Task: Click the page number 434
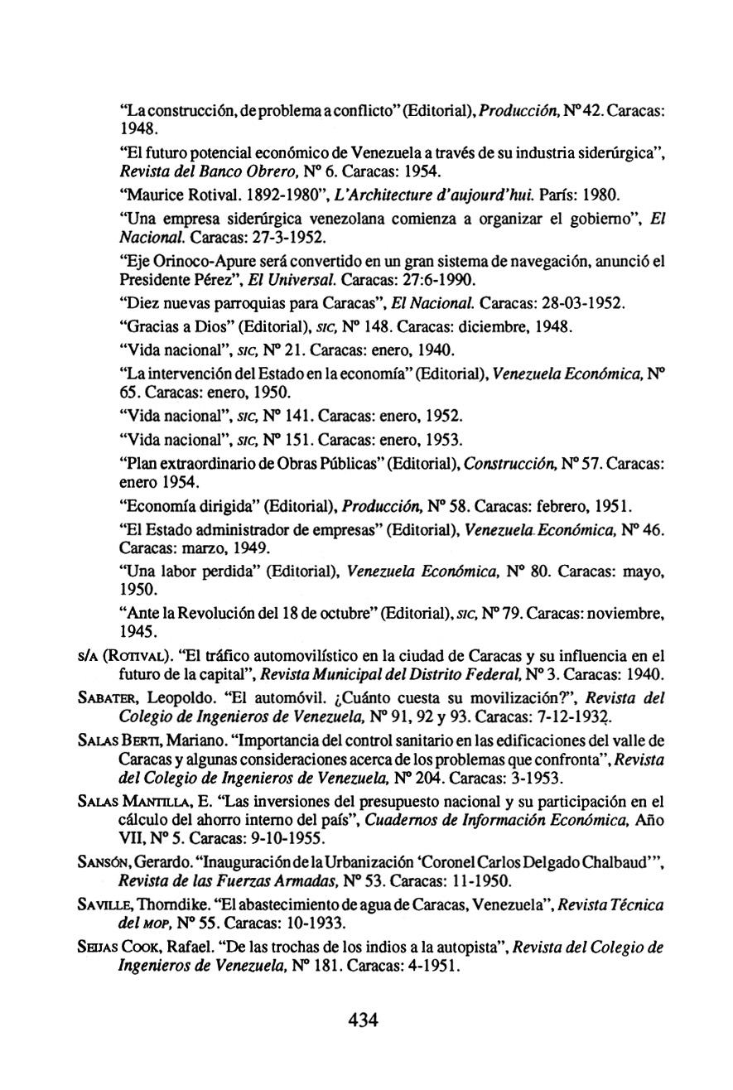pyautogui.click(x=363, y=1020)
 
